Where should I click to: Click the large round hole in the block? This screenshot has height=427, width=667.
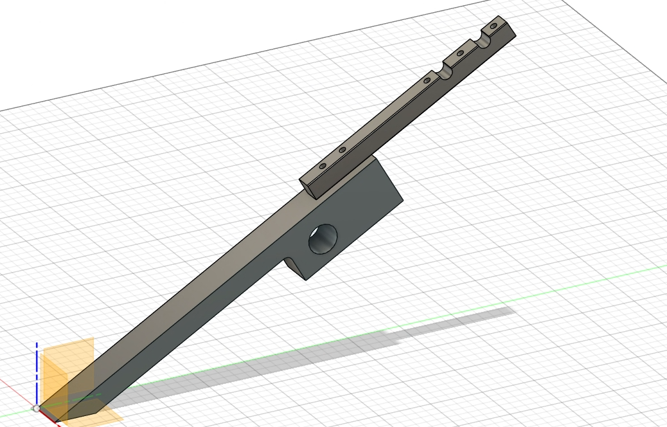(323, 239)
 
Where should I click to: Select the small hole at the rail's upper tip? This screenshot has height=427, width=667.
(494, 27)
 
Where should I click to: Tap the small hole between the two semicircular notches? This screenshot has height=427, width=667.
(460, 53)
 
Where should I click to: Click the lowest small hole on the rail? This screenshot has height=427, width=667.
(323, 165)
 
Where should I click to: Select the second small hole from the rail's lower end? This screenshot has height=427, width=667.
(342, 150)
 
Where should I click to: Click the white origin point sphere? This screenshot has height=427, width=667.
(37, 408)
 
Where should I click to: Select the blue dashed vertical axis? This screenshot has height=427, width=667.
(37, 367)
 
